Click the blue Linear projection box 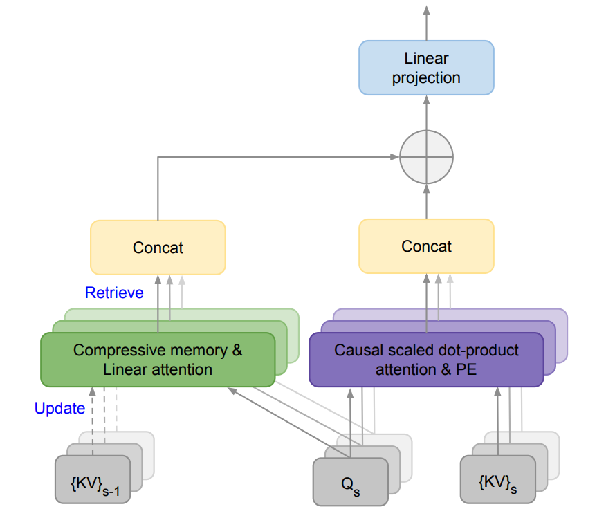coord(426,68)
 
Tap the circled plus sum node coord(426,157)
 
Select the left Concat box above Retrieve coord(158,247)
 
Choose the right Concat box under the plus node coord(426,246)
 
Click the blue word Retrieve coord(114,293)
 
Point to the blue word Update coord(59,409)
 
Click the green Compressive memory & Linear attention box coord(158,360)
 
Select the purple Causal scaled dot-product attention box coord(426,360)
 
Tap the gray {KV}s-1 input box coord(93,479)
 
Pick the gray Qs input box coord(350,479)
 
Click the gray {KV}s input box coord(498,479)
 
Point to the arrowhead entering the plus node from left coord(394,157)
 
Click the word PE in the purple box coord(466,369)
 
